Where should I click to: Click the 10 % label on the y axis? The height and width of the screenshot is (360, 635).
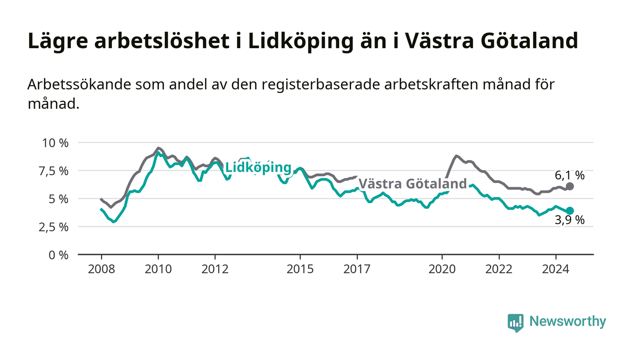tap(55, 143)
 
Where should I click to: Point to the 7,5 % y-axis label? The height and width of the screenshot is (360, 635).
tap(54, 171)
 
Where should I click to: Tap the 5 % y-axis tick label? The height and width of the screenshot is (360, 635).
tap(59, 199)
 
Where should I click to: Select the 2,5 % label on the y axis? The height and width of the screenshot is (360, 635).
tap(54, 227)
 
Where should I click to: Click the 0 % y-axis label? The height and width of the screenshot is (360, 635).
tap(59, 255)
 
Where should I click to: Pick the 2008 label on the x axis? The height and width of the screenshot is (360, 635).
tap(102, 269)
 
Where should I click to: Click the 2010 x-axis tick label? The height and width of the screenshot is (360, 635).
tap(158, 269)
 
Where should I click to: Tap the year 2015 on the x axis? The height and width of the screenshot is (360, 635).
tap(300, 269)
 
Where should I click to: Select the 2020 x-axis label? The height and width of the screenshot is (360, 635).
tap(442, 269)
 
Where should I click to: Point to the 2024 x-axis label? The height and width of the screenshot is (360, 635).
tap(556, 269)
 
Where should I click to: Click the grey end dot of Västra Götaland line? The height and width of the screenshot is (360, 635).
tap(570, 186)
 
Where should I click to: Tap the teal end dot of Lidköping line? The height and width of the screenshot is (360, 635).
tap(570, 211)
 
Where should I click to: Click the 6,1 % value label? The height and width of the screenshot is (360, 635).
tap(570, 175)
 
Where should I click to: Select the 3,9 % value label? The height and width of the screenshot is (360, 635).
tap(570, 220)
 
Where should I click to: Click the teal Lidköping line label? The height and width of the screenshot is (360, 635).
tap(258, 167)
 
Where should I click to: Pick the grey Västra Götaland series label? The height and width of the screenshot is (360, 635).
tap(413, 184)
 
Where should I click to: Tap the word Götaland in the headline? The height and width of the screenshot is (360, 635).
tap(530, 40)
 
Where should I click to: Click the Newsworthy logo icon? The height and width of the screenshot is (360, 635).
tap(515, 322)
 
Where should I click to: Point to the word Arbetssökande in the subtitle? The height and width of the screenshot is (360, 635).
tap(79, 84)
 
